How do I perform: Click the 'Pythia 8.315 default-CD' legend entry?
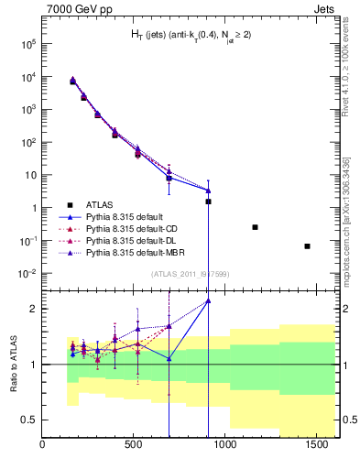tap(119, 229)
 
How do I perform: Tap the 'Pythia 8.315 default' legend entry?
tap(111, 216)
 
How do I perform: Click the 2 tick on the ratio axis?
tap(33, 309)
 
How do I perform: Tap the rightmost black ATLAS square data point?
tap(308, 246)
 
